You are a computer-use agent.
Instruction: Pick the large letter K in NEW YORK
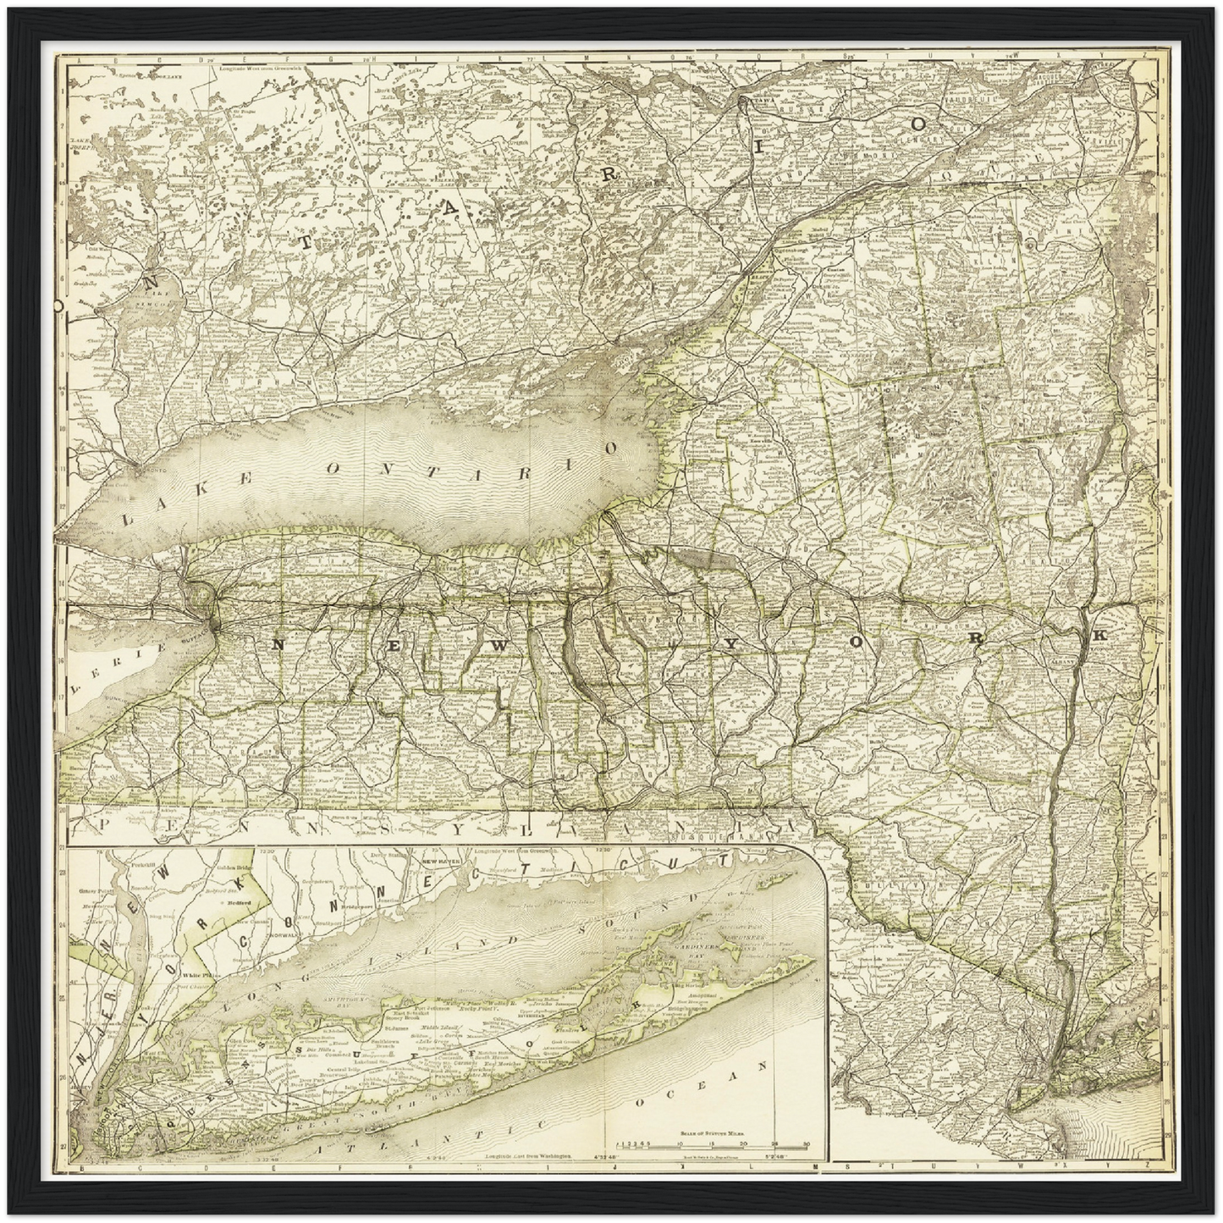[1099, 635]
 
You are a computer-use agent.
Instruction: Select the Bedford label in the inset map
[242, 902]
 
